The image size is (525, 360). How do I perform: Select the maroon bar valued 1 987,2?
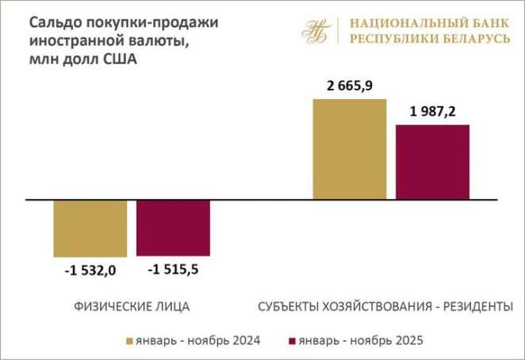tap(433, 162)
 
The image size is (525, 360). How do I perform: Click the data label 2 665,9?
tap(351, 85)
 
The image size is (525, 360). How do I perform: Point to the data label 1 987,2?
tap(433, 111)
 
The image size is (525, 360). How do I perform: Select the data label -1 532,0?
tap(90, 270)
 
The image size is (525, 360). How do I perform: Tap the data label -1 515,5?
tap(173, 270)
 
